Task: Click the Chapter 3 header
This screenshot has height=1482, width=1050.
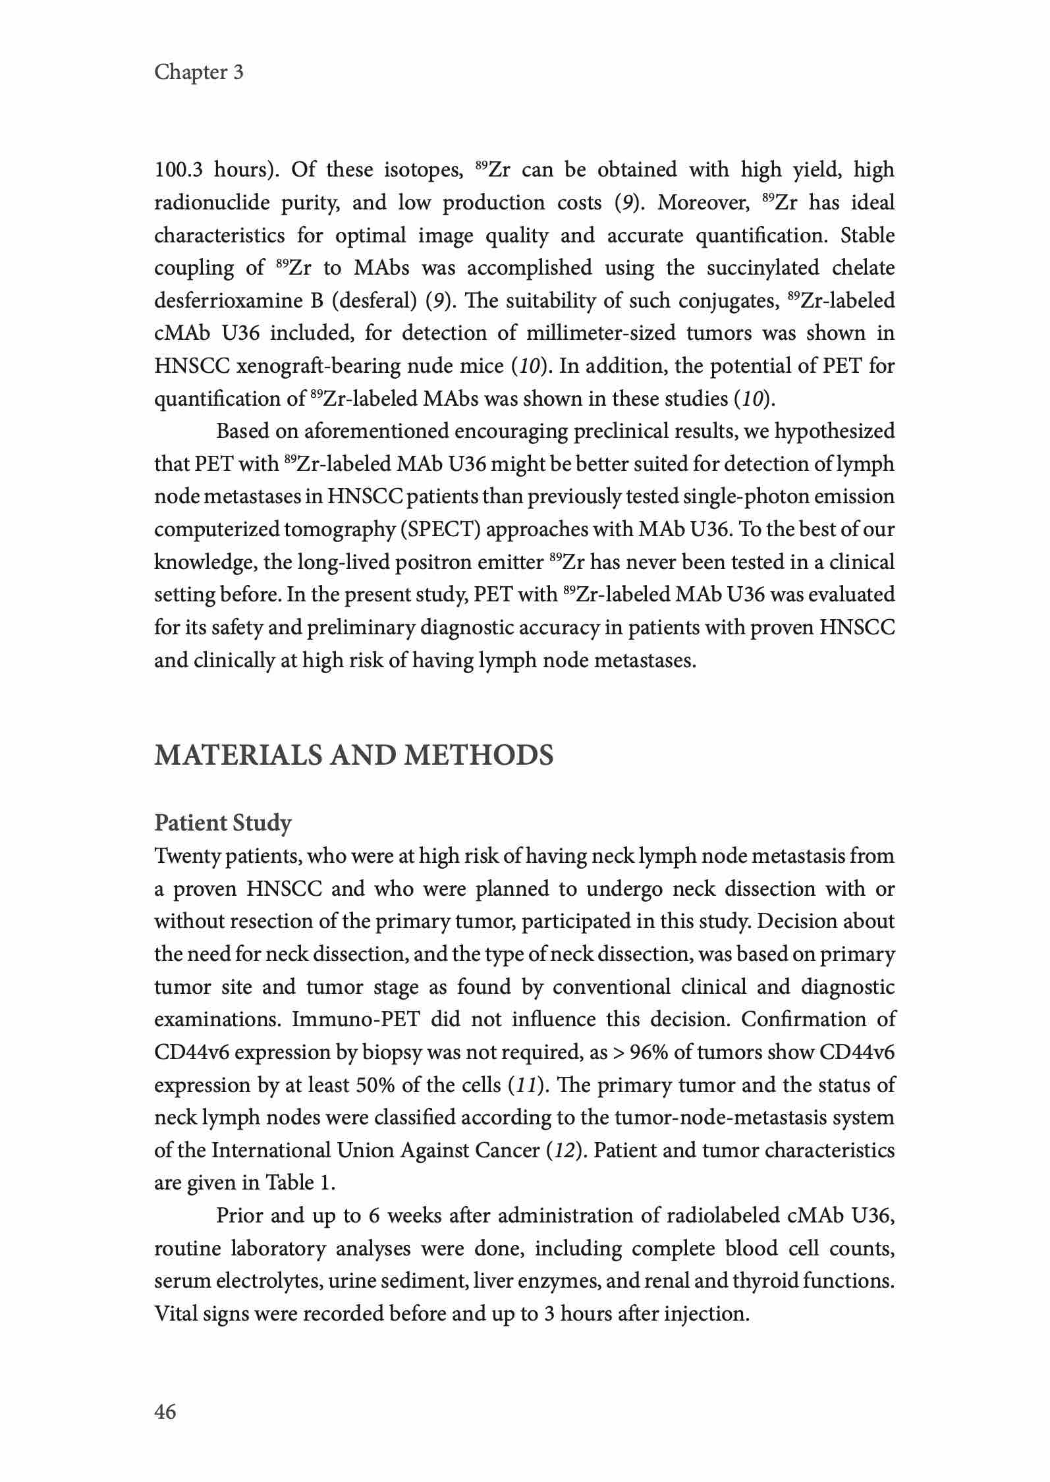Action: click(x=199, y=72)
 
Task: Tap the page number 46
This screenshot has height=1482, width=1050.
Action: click(x=165, y=1412)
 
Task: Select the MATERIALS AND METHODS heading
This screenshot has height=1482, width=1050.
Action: click(x=354, y=755)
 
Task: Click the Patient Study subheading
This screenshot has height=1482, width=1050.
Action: click(x=223, y=823)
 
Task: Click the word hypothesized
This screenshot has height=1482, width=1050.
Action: click(x=835, y=431)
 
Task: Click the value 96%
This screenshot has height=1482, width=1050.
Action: click(x=649, y=1053)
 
